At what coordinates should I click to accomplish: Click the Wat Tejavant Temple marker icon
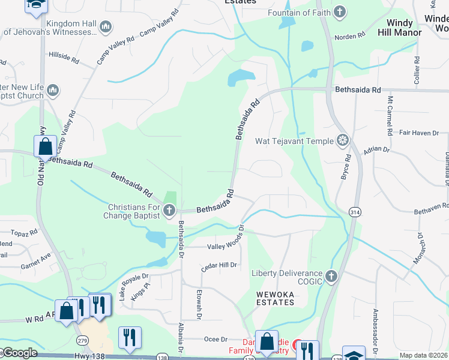(343, 141)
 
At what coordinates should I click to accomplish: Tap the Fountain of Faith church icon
(340, 12)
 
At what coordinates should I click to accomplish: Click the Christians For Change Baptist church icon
(169, 210)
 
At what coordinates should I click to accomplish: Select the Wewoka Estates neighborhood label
(276, 298)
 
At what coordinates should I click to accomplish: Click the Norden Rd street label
(351, 37)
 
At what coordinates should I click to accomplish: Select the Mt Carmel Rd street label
(390, 114)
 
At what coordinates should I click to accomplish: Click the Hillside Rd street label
(64, 57)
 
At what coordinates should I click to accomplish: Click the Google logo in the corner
(20, 353)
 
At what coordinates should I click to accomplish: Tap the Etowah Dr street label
(199, 304)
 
